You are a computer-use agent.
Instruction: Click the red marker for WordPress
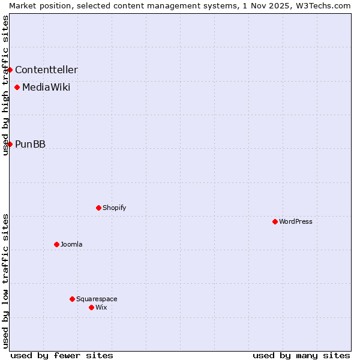pos(275,221)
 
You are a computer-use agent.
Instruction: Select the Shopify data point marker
pos(98,208)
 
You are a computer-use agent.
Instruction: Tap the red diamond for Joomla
pos(56,244)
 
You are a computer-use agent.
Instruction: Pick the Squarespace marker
pos(72,299)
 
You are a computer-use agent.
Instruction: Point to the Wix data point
pos(91,307)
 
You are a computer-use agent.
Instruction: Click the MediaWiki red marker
pos(17,88)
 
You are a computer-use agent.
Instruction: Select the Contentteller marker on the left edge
pos(10,70)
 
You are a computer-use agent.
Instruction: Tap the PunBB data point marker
pos(10,144)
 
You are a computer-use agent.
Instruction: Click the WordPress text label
pos(296,221)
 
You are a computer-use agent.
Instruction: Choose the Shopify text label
pos(114,208)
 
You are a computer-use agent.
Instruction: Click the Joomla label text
pos(71,244)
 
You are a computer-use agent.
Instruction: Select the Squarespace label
pos(97,299)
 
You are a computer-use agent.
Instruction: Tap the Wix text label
pos(101,307)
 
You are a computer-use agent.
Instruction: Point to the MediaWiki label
pos(46,88)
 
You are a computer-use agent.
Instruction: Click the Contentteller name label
pos(46,70)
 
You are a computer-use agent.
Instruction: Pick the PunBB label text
pos(30,144)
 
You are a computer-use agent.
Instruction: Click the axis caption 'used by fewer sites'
pos(62,355)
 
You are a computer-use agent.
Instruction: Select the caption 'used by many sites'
pos(301,355)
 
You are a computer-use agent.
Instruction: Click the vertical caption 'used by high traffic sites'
pos(5,85)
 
